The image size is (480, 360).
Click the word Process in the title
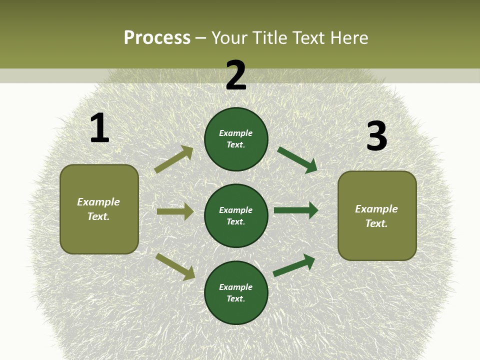click(x=157, y=38)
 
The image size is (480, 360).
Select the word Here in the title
click(x=348, y=38)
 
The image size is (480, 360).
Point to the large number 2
click(x=236, y=75)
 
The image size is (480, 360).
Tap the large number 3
click(x=376, y=136)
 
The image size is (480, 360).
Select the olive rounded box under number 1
click(x=99, y=209)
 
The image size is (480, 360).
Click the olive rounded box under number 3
click(x=377, y=215)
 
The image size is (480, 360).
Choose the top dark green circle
click(x=236, y=139)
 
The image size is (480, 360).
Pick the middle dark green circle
click(x=236, y=215)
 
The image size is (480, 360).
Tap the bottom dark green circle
click(x=236, y=292)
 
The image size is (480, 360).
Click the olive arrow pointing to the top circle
click(x=174, y=159)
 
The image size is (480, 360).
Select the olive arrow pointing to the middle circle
click(x=175, y=211)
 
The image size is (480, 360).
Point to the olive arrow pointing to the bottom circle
click(x=175, y=266)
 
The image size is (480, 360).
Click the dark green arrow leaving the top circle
click(x=297, y=160)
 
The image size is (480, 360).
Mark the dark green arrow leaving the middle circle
click(x=296, y=210)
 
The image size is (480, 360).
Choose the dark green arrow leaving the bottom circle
click(x=294, y=265)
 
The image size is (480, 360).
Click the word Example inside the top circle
click(x=236, y=133)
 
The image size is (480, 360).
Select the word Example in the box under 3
click(x=376, y=209)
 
